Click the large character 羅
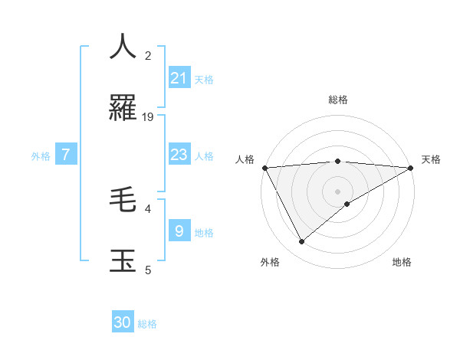tap(123, 108)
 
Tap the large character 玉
tap(123, 260)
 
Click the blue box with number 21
tap(179, 78)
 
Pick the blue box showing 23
tap(179, 155)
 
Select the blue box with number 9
tap(179, 231)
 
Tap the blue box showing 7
tap(66, 155)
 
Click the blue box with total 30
tap(123, 322)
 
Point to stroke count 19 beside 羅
tap(148, 117)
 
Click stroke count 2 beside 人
tap(148, 56)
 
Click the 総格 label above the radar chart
tap(338, 100)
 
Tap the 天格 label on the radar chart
tap(431, 159)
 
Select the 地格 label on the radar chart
tap(402, 262)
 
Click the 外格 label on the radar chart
tap(270, 262)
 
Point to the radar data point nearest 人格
tap(265, 168)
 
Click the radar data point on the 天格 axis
tap(411, 168)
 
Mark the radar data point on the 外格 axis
tap(301, 241)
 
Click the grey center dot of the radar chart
tap(338, 191)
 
